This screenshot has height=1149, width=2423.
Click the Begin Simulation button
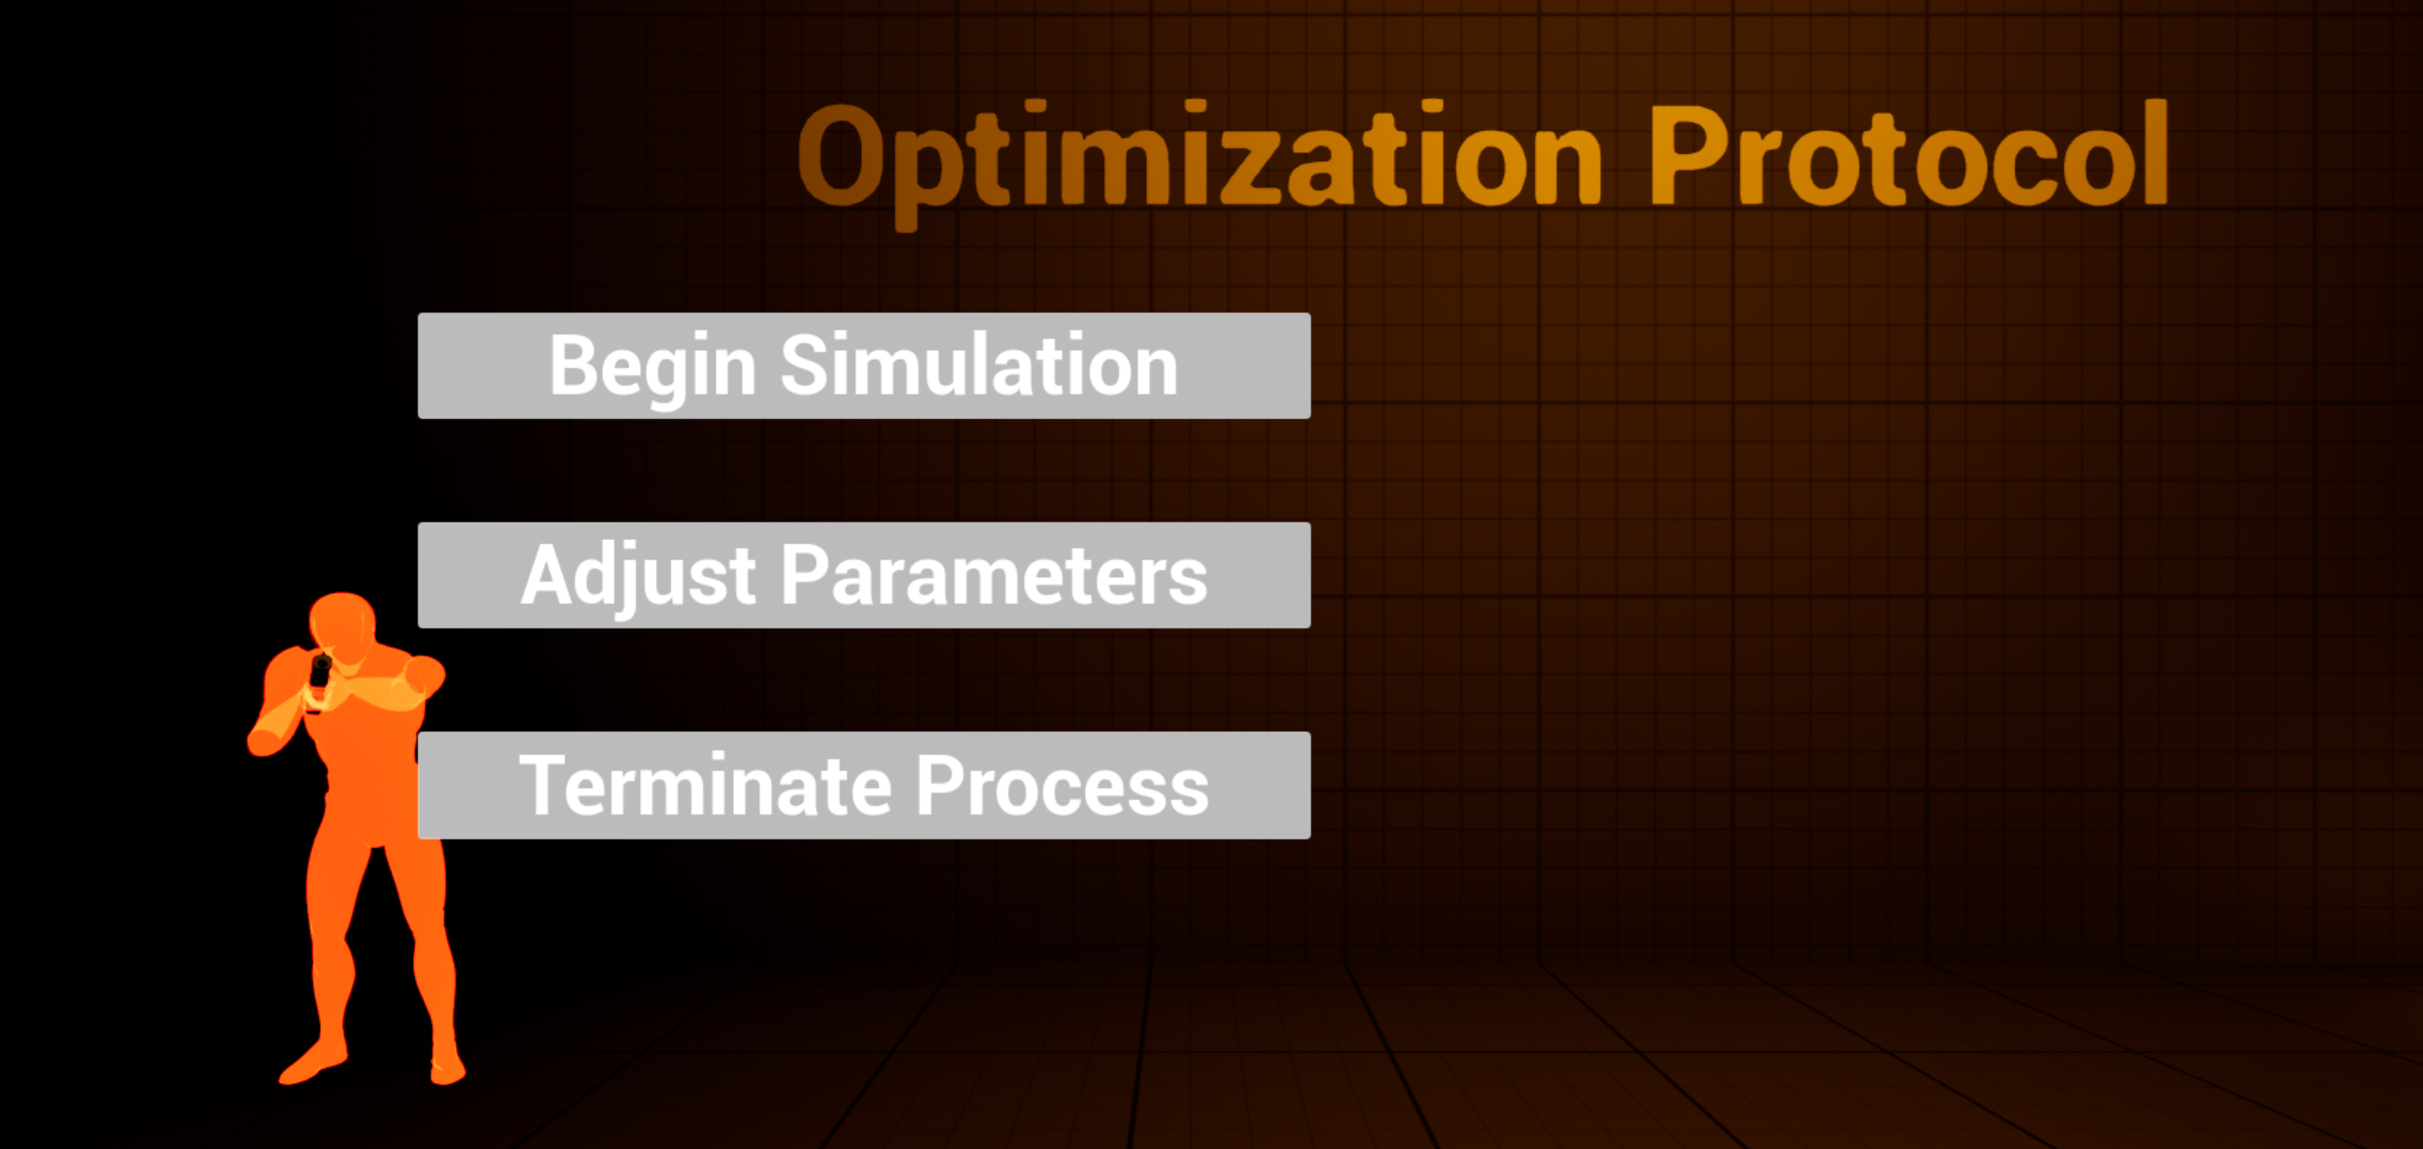864,366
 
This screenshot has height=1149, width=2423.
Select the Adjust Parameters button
864,575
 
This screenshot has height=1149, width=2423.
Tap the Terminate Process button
864,785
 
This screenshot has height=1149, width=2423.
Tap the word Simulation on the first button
979,364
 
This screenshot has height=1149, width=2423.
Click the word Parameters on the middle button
994,575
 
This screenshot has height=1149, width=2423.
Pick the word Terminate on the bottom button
705,785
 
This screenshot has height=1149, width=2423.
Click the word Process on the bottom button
1063,785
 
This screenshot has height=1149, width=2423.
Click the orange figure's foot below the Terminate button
447,1067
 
